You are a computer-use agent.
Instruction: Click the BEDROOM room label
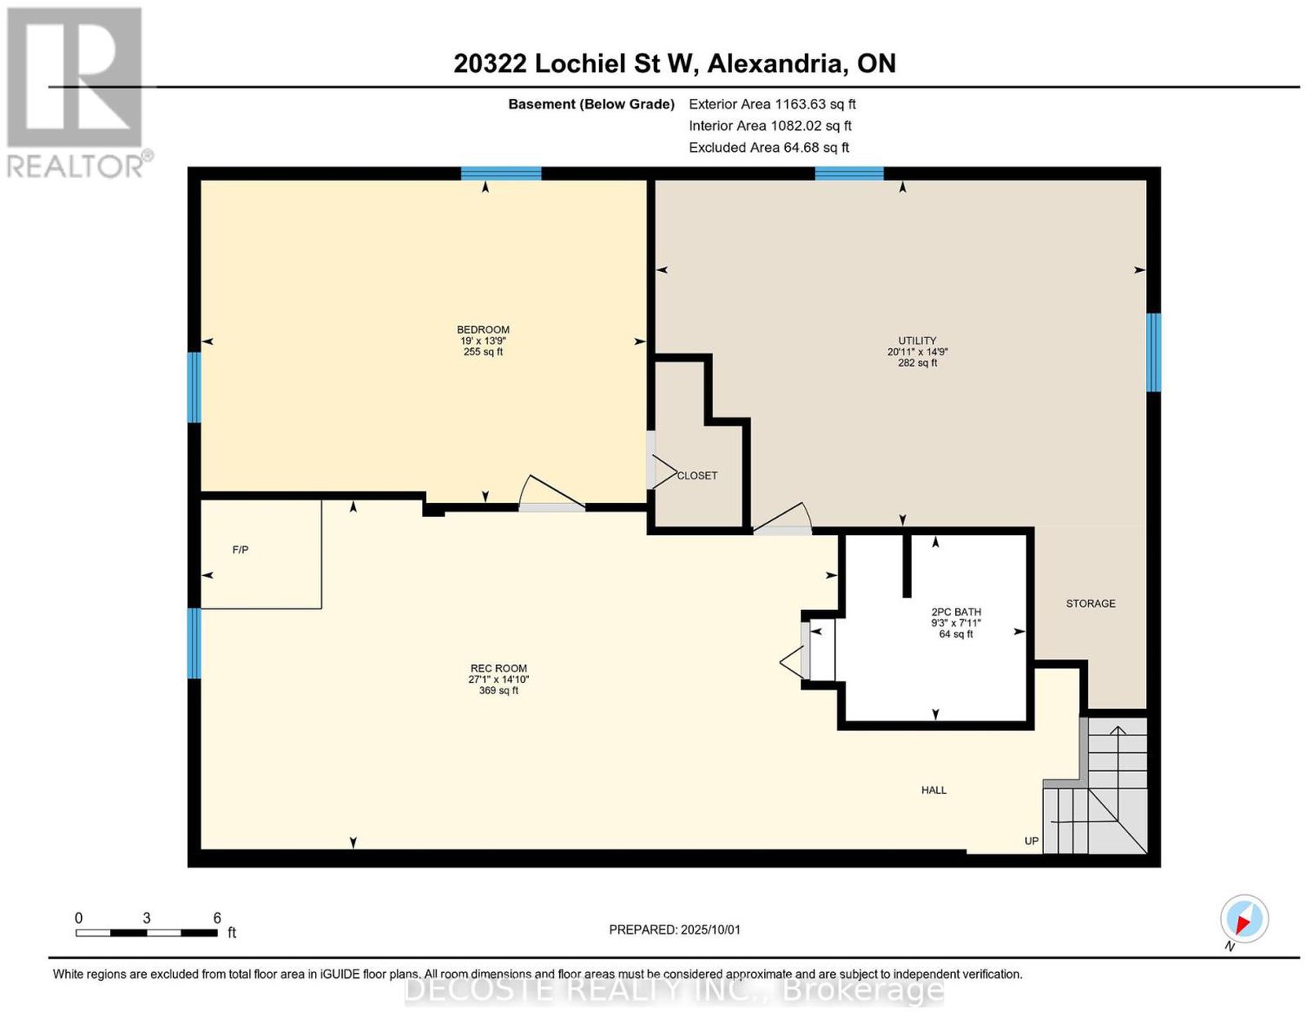pyautogui.click(x=482, y=329)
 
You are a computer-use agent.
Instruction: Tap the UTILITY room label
pyautogui.click(x=917, y=341)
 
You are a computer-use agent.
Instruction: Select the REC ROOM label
pyautogui.click(x=498, y=668)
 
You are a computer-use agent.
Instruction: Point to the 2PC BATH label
pyautogui.click(x=956, y=612)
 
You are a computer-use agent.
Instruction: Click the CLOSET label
pyautogui.click(x=697, y=475)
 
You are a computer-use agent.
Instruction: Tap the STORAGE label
pyautogui.click(x=1091, y=604)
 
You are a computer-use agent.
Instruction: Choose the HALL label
pyautogui.click(x=933, y=790)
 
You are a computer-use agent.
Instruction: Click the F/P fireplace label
pyautogui.click(x=241, y=550)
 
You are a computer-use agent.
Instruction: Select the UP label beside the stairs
pyautogui.click(x=1032, y=841)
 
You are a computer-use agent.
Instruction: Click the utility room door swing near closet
pyautogui.click(x=782, y=519)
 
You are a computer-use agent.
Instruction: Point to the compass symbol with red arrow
pyautogui.click(x=1244, y=920)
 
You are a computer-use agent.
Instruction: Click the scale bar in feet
pyautogui.click(x=146, y=933)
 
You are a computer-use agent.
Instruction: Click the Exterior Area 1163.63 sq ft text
pyautogui.click(x=772, y=104)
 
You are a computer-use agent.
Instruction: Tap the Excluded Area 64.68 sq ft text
pyautogui.click(x=769, y=147)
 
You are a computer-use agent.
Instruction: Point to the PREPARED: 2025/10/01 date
pyautogui.click(x=675, y=930)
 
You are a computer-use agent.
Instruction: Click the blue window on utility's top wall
pyautogui.click(x=849, y=174)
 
